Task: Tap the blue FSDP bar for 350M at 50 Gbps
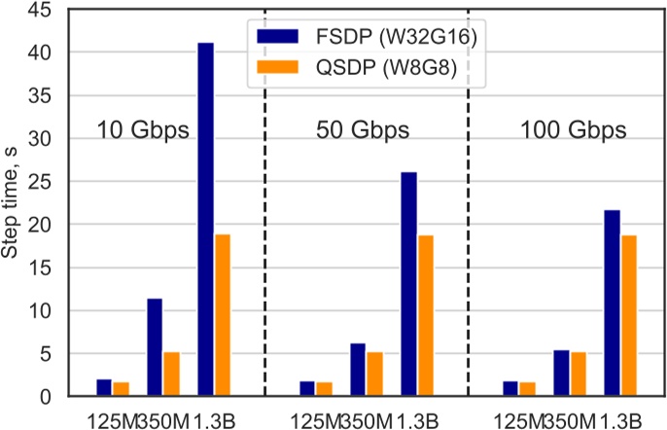358,370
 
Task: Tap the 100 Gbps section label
572,130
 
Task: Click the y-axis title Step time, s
12,205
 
